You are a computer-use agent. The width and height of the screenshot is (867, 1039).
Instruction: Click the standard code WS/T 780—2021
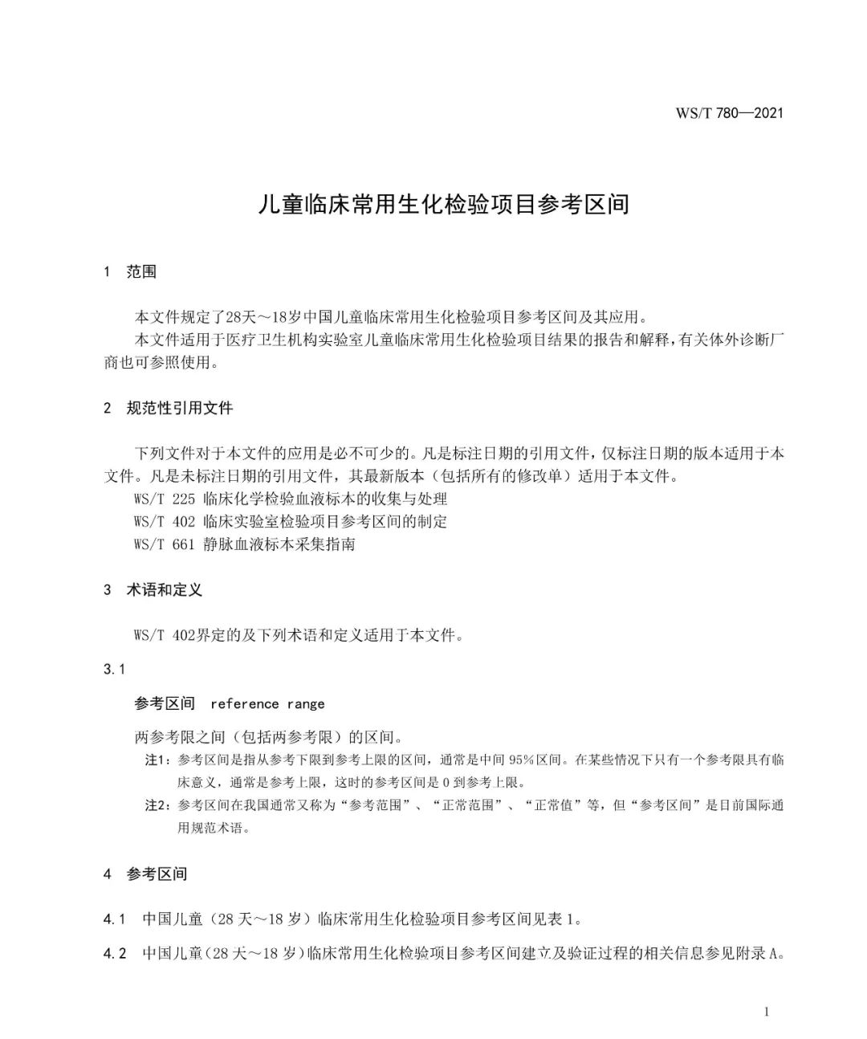point(729,112)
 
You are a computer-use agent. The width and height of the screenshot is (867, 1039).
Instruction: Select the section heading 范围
point(141,272)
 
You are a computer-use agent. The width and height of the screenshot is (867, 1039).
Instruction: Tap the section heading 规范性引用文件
point(180,408)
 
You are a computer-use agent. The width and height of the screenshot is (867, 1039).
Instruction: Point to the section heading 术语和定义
point(165,590)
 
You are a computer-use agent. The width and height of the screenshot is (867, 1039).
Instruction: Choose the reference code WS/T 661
point(165,544)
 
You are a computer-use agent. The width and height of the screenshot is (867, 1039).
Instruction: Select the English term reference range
point(267,704)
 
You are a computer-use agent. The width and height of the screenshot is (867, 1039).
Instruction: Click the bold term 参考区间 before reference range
point(165,704)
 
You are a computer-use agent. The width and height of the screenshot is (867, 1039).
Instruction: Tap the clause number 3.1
point(115,669)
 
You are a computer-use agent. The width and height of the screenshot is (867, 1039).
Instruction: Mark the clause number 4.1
point(115,919)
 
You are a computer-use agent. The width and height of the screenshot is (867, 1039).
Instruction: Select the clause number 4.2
point(115,954)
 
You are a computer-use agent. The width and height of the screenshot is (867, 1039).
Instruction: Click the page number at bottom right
point(766,1012)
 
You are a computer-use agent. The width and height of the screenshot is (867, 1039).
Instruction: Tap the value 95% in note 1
point(523,760)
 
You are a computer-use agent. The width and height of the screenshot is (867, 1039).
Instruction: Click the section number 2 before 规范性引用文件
point(108,408)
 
